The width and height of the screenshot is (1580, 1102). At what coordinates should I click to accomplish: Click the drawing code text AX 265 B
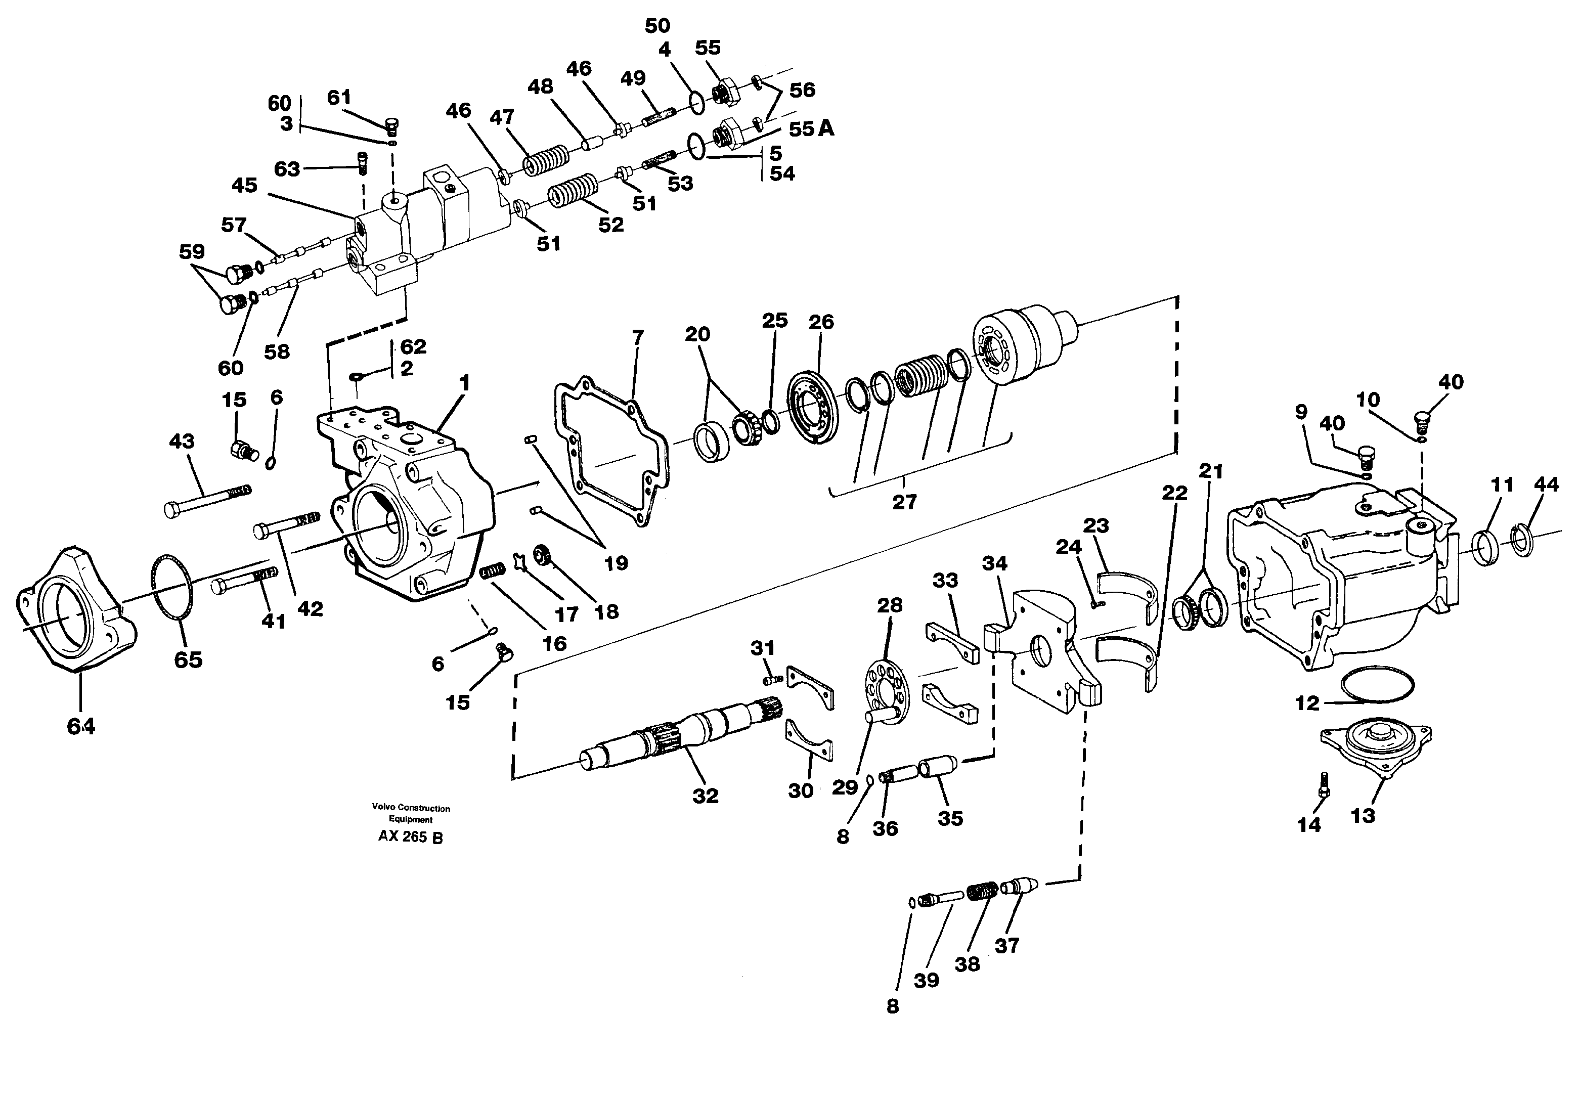pyautogui.click(x=410, y=837)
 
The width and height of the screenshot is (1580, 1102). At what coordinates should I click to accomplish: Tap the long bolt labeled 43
pyautogui.click(x=206, y=500)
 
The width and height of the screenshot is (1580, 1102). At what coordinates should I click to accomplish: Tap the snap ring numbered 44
pyautogui.click(x=1524, y=540)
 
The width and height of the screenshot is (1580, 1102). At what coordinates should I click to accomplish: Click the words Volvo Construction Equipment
pyautogui.click(x=411, y=814)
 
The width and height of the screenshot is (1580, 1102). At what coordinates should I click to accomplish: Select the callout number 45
pyautogui.click(x=244, y=185)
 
